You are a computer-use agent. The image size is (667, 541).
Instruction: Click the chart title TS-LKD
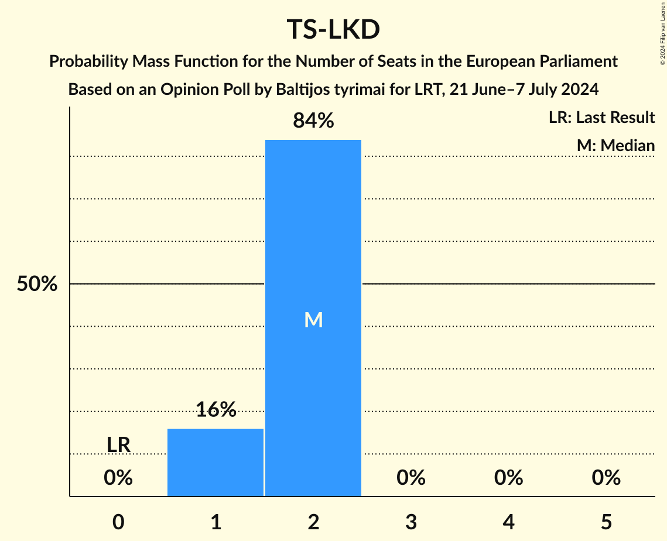333,30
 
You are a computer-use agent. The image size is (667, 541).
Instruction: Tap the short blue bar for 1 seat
216,462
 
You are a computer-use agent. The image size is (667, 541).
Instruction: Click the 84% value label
313,121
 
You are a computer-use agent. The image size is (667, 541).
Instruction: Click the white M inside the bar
313,320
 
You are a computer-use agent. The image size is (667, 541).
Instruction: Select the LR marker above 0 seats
118,445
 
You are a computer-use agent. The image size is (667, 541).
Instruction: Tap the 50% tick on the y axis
37,285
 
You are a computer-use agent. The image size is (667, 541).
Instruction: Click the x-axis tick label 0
118,522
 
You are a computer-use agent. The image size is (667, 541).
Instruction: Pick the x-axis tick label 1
216,522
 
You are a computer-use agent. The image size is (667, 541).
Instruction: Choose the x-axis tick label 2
313,522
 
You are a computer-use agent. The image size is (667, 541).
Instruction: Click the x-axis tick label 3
411,522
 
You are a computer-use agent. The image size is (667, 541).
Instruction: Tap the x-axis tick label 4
508,522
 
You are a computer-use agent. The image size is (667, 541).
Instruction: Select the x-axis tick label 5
606,522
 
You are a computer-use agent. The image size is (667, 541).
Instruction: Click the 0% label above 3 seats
411,478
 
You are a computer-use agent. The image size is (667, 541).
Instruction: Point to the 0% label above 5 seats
606,478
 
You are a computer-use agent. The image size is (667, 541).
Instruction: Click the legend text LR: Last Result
601,118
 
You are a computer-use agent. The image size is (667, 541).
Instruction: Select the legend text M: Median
615,146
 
